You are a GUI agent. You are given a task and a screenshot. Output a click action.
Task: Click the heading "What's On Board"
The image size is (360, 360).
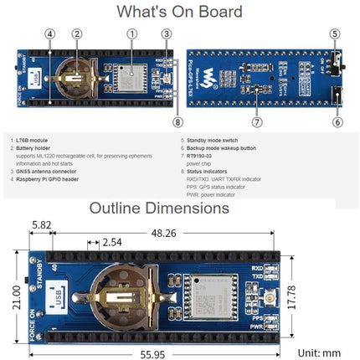point(180,12)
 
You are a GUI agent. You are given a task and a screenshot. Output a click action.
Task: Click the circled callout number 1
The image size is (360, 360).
point(131,34)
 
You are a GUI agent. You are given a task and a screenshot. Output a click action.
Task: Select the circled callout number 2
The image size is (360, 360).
point(77,34)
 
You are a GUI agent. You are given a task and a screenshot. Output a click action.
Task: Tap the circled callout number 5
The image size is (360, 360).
point(335,34)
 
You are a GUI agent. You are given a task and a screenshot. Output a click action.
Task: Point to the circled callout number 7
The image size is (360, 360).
point(257,121)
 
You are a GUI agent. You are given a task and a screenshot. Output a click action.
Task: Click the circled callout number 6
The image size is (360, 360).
point(337,121)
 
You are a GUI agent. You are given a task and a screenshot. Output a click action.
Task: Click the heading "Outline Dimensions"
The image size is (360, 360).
point(179,208)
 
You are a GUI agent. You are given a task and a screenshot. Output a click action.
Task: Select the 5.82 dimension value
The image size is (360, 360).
point(41,225)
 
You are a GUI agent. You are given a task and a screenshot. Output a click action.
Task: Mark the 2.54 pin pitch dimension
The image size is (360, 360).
point(111,242)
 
